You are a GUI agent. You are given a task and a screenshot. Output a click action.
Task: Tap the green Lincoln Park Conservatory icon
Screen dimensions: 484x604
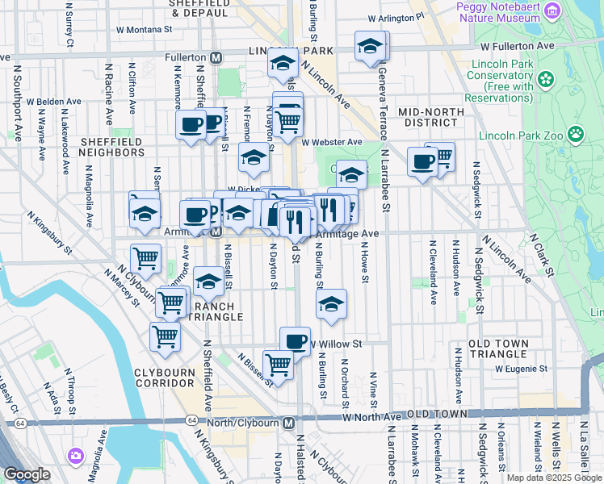coord(547,80)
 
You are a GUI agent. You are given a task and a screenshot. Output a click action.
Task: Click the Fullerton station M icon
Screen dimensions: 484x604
coord(216,58)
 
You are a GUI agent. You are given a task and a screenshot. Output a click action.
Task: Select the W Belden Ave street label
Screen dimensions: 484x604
coord(53,102)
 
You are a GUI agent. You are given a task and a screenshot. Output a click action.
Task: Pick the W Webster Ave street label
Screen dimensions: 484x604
coord(332,142)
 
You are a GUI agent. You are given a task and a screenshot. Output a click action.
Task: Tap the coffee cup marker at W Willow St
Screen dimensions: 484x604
coord(296,340)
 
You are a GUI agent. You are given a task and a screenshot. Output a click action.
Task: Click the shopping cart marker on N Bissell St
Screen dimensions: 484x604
coord(278,365)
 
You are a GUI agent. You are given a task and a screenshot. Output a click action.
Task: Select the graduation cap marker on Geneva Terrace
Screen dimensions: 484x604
coord(370,46)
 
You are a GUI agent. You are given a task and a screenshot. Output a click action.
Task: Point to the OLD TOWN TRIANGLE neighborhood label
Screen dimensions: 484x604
coord(510,349)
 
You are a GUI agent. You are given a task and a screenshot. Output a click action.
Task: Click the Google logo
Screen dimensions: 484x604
coord(27,475)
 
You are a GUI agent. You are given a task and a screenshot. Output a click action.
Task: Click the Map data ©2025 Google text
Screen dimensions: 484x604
coord(553,478)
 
